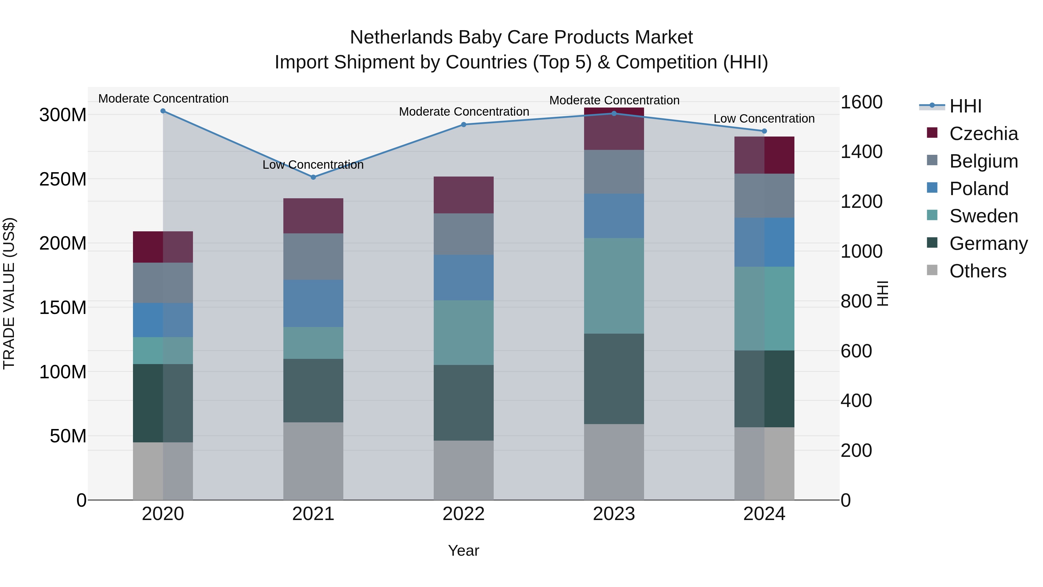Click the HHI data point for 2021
tap(313, 177)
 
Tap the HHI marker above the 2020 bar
tap(163, 111)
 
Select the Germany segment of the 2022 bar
tap(464, 402)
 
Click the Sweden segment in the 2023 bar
tap(614, 286)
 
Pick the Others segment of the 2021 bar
tap(313, 461)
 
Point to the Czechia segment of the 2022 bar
tap(464, 195)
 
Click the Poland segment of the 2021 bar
tap(313, 303)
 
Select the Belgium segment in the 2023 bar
tap(614, 172)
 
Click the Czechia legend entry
tap(983, 134)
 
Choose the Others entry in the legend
tap(978, 271)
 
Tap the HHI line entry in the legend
tap(965, 106)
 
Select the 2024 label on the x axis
tap(764, 514)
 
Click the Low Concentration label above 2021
tap(313, 165)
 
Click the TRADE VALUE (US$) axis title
tap(9, 293)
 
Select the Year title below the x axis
tap(464, 550)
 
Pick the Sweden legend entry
tap(983, 216)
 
